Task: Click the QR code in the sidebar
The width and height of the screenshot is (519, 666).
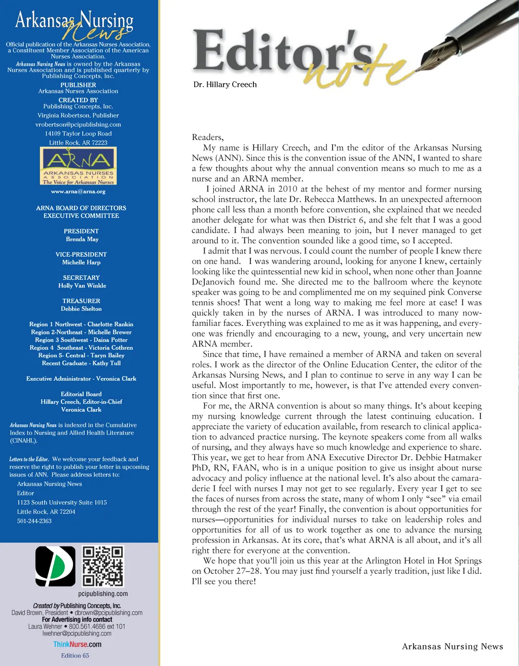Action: point(103,566)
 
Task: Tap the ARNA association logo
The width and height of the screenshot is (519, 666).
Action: point(78,166)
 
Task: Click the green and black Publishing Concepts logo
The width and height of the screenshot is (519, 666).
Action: point(55,566)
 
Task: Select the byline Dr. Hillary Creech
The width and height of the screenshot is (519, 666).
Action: point(225,85)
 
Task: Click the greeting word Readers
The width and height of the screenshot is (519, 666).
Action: point(207,137)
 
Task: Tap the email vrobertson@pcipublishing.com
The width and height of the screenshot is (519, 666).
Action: point(78,125)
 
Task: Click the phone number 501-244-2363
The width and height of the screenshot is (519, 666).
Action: point(34,521)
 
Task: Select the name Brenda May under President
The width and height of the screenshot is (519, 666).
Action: point(82,239)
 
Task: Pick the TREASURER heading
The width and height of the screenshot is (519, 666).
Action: point(81,301)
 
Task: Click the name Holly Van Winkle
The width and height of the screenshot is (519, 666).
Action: point(82,286)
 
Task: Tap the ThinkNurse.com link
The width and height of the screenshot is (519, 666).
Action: point(77,645)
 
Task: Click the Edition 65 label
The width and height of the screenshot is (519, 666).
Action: point(75,655)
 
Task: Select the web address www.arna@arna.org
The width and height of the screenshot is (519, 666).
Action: point(78,192)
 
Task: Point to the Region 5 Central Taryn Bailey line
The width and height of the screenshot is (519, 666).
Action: point(81,355)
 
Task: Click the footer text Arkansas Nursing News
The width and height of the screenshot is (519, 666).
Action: point(452,646)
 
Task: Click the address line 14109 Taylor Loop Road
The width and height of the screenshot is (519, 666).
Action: point(78,134)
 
